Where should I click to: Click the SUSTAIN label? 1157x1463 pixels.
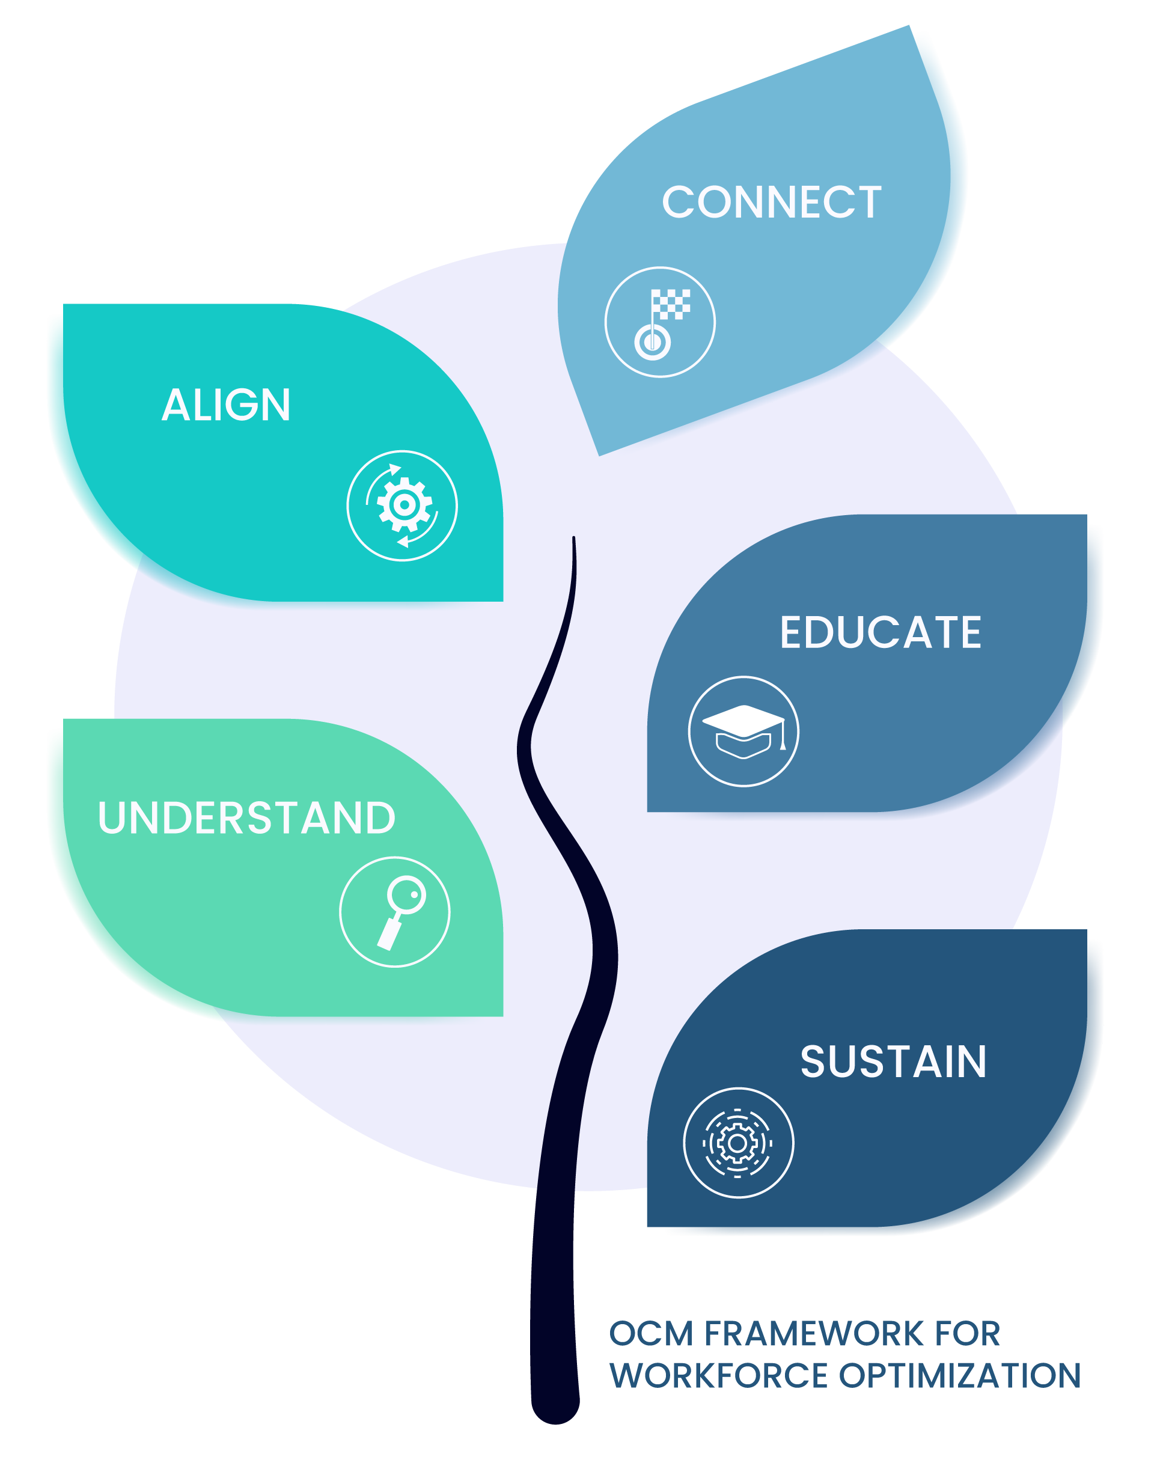click(893, 1061)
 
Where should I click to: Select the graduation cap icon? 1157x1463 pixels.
click(743, 731)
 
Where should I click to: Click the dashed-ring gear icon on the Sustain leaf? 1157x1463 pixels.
click(737, 1143)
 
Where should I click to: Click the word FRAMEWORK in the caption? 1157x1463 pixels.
click(813, 1334)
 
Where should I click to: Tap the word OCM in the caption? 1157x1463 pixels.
click(651, 1334)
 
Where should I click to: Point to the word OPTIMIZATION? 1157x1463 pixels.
click(960, 1376)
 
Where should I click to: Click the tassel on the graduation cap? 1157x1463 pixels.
click(783, 742)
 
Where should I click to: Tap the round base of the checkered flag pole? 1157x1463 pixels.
click(652, 342)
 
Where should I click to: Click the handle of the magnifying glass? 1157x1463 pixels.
click(389, 934)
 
